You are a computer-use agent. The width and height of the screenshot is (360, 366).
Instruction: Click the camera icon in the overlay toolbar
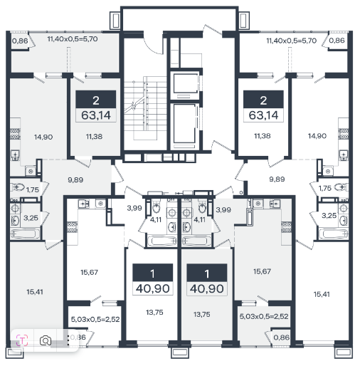[46, 341]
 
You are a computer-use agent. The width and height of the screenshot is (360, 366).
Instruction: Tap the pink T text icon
[22, 340]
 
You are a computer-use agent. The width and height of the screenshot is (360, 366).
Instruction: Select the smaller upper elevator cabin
[185, 85]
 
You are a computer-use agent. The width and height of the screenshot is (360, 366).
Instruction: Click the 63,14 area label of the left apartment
[96, 115]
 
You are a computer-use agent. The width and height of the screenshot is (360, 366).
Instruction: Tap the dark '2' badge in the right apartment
[263, 100]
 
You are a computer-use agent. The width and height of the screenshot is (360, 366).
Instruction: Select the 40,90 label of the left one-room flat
[152, 288]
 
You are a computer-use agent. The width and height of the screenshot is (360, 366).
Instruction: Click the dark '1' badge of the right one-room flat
[207, 273]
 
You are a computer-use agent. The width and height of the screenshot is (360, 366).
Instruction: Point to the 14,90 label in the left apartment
[43, 137]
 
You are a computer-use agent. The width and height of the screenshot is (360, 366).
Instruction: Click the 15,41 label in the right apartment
[322, 294]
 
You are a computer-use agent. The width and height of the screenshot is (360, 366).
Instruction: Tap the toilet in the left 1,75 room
[18, 187]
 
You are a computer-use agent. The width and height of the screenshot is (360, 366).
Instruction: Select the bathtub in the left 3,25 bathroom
[25, 234]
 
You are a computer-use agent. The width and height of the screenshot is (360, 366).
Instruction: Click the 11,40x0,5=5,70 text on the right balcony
[292, 41]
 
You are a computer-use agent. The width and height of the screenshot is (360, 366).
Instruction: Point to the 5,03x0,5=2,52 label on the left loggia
[95, 319]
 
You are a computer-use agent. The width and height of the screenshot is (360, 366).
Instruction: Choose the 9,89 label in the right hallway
[277, 179]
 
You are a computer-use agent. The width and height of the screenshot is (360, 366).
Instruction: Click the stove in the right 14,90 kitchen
[343, 134]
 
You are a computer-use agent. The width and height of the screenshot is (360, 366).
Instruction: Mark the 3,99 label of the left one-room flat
[134, 208]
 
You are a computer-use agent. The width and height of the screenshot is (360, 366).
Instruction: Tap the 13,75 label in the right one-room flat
[201, 314]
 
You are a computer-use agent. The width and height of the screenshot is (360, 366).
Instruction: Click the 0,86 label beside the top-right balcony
[337, 41]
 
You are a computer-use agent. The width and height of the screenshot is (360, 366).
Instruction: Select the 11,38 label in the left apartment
[94, 137]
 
